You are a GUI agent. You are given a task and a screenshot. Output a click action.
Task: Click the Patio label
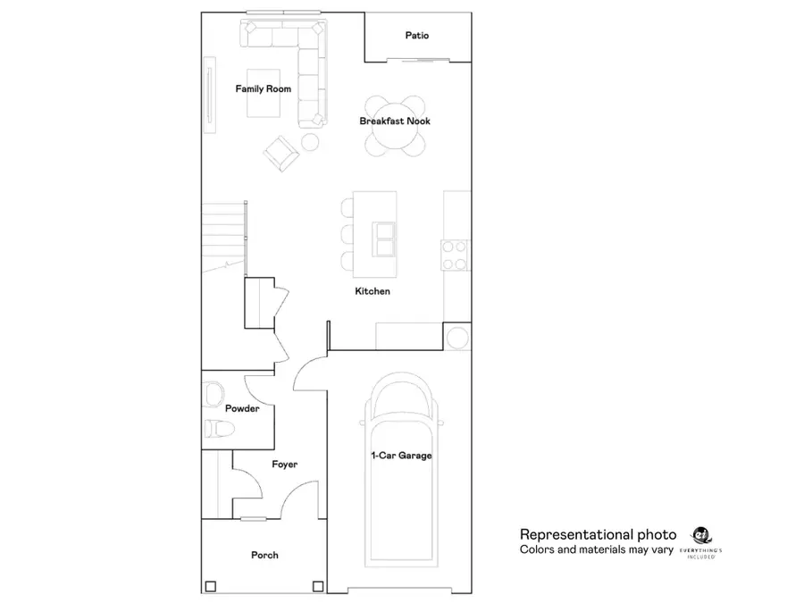[x=416, y=36]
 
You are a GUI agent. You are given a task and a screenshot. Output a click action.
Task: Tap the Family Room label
[x=263, y=88]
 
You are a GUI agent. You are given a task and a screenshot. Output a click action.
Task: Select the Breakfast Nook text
[x=395, y=121]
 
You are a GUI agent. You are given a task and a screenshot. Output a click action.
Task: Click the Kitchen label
[x=373, y=291]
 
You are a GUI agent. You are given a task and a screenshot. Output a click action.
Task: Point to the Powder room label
[x=242, y=408]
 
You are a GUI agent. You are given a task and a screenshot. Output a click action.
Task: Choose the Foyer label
[x=284, y=465]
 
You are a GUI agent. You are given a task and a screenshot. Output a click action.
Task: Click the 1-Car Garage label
[x=401, y=456]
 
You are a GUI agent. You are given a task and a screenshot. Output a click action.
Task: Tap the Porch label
[x=264, y=555]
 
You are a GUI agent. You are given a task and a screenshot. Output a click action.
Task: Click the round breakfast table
[x=395, y=126]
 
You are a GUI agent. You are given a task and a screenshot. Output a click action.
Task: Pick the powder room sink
[x=214, y=393]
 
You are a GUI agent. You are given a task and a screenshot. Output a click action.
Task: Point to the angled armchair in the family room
[x=281, y=153]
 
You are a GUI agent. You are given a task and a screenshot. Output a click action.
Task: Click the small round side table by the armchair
[x=310, y=141]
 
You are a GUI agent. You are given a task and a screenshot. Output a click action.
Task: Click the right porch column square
[x=317, y=586]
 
